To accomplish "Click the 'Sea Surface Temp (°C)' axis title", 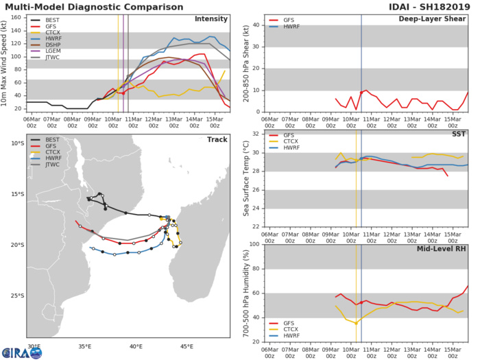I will [245, 180].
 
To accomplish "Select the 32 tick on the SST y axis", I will [256, 134].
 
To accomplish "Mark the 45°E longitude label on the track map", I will [187, 346].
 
